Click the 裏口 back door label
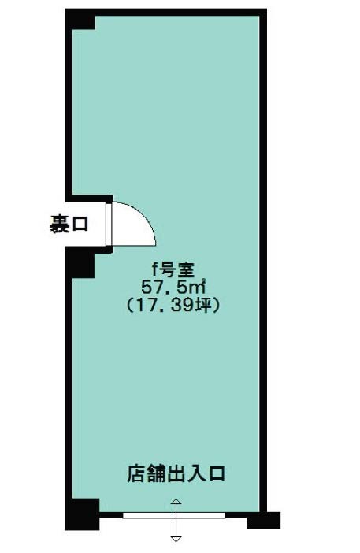click(x=69, y=225)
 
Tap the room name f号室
click(x=173, y=269)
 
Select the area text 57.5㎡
click(x=173, y=287)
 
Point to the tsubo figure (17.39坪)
click(x=173, y=304)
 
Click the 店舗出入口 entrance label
click(x=176, y=474)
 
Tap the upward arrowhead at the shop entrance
click(x=176, y=501)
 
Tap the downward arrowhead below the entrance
click(x=176, y=539)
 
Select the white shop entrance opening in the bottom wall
click(x=173, y=516)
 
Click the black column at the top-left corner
click(x=80, y=20)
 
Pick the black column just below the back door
click(x=80, y=263)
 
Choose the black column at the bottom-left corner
click(x=82, y=514)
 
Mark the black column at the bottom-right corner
click(x=263, y=520)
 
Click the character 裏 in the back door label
click(x=59, y=225)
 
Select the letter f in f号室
click(x=154, y=269)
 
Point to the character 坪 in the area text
click(x=202, y=305)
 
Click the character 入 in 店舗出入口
click(x=195, y=474)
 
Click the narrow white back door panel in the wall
click(x=109, y=225)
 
